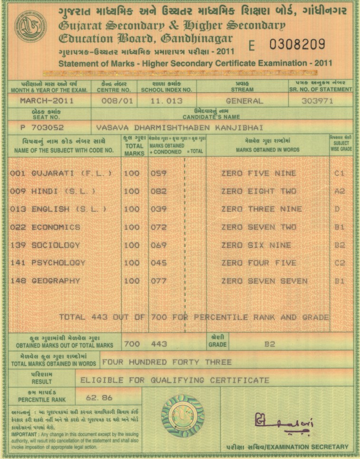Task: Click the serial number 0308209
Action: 297,45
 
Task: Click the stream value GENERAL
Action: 244,101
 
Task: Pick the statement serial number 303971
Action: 318,101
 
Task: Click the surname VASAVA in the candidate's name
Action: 111,127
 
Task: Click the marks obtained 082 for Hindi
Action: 158,191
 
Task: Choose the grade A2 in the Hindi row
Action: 339,191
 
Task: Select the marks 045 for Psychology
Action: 158,263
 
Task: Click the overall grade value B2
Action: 270,344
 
